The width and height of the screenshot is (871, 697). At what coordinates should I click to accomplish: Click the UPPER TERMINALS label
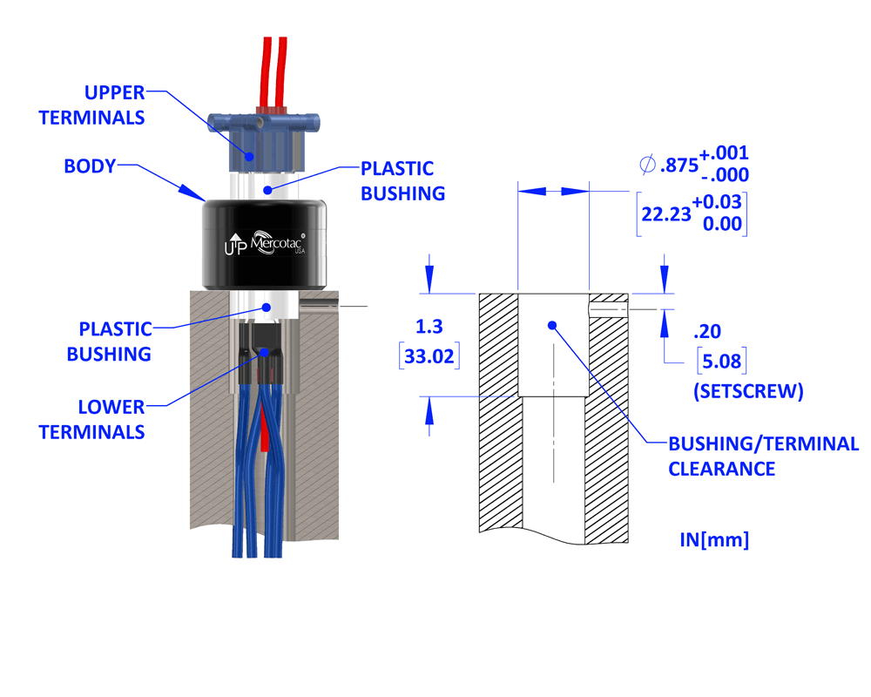tap(91, 104)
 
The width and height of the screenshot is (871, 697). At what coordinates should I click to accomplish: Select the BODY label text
tap(90, 166)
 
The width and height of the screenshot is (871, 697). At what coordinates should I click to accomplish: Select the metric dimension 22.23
tap(665, 213)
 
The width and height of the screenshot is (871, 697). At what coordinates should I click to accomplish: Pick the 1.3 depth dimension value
tap(429, 327)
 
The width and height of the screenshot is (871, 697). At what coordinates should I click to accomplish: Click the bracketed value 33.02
tap(429, 357)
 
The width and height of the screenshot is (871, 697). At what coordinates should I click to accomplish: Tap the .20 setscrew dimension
tap(706, 331)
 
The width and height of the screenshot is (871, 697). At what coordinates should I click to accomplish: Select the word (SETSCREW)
tap(747, 391)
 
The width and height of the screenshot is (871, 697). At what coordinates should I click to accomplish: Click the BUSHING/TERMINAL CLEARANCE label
tap(763, 456)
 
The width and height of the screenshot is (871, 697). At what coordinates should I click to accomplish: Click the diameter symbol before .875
tap(646, 163)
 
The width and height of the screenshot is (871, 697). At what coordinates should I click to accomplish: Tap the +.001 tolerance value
tap(724, 152)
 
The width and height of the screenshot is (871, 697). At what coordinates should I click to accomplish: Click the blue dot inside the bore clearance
tap(551, 325)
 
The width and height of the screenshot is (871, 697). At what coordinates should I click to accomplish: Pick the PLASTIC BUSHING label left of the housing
tap(115, 342)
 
